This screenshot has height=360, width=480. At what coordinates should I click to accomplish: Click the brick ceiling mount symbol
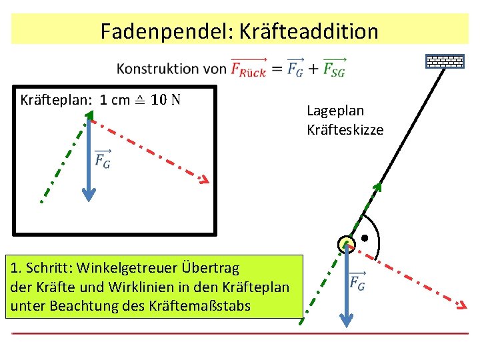tap(445, 62)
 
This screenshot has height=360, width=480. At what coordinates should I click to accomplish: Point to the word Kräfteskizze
tap(345, 129)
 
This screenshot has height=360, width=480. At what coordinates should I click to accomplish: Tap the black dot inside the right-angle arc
tap(365, 238)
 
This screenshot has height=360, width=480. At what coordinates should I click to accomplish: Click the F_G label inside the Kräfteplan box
tap(103, 159)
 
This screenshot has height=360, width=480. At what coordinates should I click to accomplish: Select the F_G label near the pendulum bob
tap(357, 282)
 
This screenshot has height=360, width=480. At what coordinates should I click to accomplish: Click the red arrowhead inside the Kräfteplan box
tap(204, 180)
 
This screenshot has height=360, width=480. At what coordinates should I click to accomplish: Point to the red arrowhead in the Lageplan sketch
tap(461, 306)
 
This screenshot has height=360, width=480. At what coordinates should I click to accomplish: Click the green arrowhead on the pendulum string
tap(378, 187)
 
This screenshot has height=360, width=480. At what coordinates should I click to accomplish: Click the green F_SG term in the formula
tap(333, 68)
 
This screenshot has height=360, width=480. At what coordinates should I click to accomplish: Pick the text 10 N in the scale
tap(165, 101)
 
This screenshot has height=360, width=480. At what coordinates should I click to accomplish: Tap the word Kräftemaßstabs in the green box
tap(218, 307)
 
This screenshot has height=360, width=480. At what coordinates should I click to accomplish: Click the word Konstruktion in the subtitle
tap(157, 69)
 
